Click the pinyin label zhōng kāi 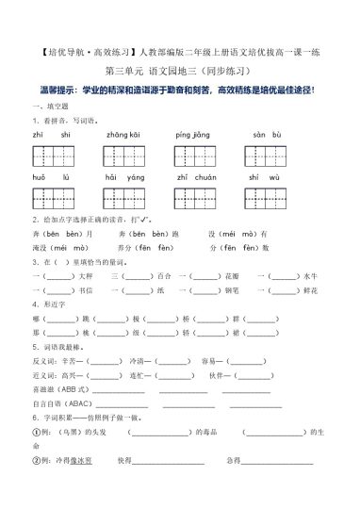click(x=123, y=135)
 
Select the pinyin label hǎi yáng click(x=123, y=176)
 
